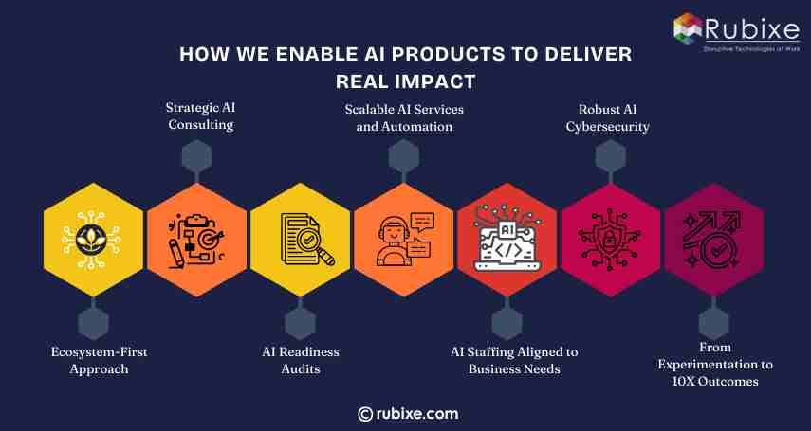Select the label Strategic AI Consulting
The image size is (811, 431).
(x=199, y=117)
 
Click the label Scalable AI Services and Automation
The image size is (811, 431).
(x=404, y=117)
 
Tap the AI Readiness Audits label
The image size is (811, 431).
(x=301, y=360)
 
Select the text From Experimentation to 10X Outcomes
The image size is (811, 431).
(x=716, y=364)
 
